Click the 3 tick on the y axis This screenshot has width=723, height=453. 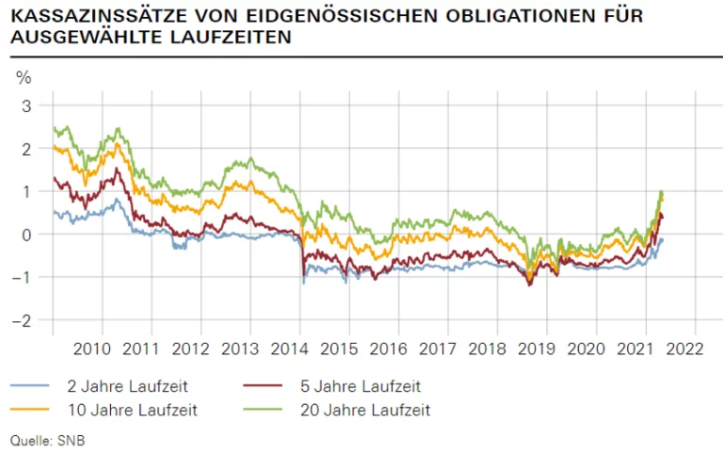[26, 105]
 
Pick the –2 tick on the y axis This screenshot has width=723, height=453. [23, 320]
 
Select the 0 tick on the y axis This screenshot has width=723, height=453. [26, 235]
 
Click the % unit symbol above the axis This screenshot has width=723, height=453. [24, 77]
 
